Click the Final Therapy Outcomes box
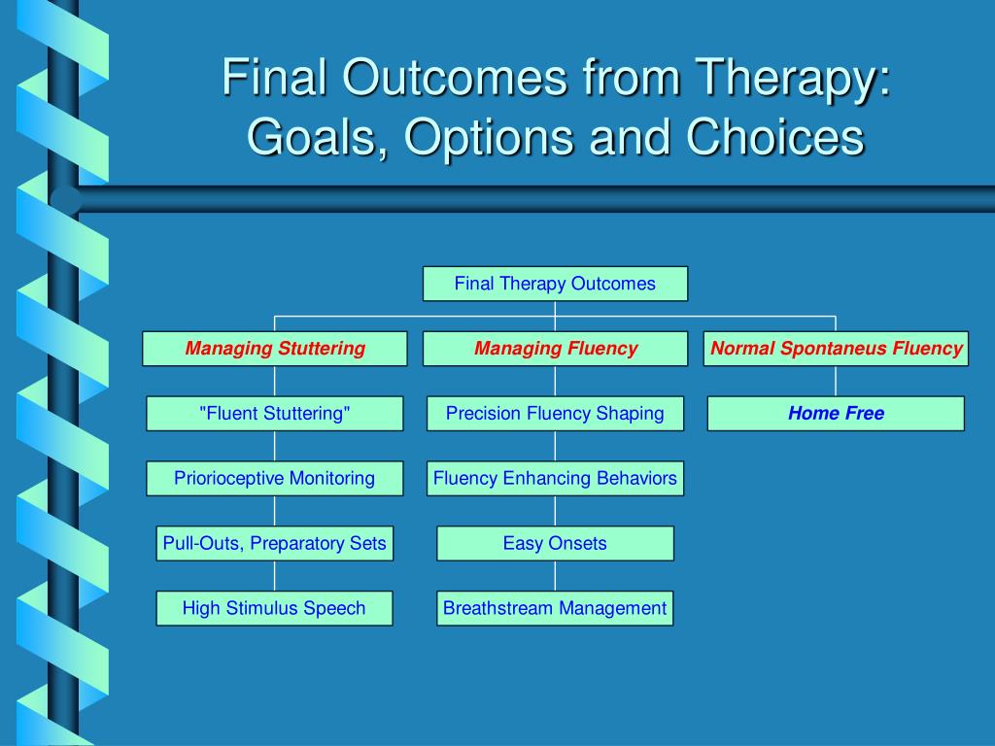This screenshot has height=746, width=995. tap(555, 284)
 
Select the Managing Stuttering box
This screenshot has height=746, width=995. tap(275, 349)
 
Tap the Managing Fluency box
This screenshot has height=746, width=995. tap(555, 349)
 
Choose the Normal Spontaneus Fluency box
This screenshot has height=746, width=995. tap(836, 349)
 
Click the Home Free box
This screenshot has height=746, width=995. tap(836, 414)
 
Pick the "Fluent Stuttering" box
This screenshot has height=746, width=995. tap(275, 414)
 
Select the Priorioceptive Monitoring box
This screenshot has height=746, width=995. tap(275, 478)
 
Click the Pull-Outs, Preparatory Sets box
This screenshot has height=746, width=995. tap(275, 543)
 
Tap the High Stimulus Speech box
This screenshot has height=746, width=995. tap(274, 608)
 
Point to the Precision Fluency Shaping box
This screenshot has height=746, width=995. tap(555, 414)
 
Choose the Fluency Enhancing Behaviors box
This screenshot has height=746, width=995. tap(555, 478)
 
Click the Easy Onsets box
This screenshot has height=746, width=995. tap(555, 543)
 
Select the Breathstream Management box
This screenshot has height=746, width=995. tap(555, 608)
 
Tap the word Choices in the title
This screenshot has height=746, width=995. tap(774, 136)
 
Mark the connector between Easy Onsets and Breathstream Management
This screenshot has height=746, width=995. tap(555, 576)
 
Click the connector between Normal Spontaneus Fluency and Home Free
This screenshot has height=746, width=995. tap(836, 381)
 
